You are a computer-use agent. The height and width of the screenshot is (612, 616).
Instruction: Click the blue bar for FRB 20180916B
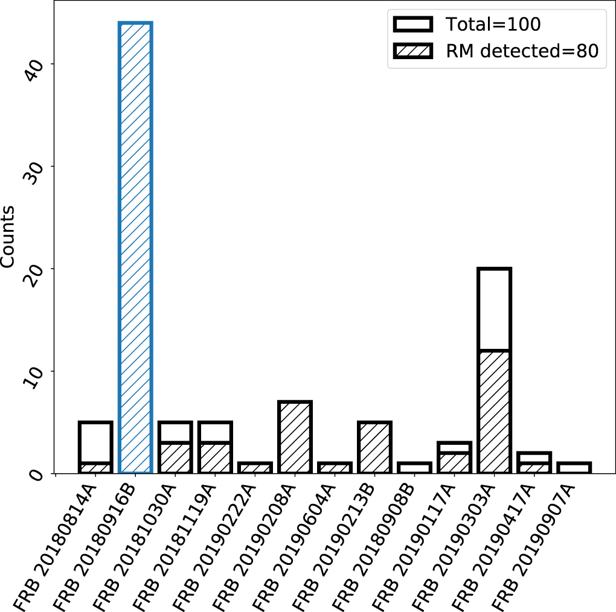tap(135, 247)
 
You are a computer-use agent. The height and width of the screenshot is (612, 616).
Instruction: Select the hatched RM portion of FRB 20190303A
tap(494, 412)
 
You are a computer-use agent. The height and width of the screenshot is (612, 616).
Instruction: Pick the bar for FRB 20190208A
tap(295, 437)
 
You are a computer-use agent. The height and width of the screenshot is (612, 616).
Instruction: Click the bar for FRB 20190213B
tap(375, 447)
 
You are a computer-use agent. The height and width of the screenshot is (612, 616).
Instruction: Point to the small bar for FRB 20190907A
tap(574, 468)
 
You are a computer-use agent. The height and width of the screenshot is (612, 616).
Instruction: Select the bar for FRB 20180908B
tap(414, 468)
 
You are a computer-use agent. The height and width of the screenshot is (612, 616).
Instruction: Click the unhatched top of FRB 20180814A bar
tap(96, 442)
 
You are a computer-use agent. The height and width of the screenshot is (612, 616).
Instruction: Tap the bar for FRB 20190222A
tap(255, 468)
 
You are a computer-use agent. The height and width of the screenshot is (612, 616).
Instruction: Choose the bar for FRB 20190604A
tap(335, 468)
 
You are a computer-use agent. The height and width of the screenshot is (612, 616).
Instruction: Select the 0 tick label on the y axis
tap(36, 475)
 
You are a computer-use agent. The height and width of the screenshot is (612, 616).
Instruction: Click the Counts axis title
tap(7, 237)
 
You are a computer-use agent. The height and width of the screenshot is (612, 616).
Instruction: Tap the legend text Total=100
tap(493, 24)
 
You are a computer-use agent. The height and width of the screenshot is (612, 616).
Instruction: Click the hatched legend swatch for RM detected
tap(413, 51)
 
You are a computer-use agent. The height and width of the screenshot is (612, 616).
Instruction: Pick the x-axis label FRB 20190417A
tap(494, 546)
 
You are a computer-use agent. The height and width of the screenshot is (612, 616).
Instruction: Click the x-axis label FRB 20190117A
tap(414, 546)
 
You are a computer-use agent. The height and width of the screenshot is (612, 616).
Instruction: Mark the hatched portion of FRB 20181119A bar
tap(215, 457)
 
